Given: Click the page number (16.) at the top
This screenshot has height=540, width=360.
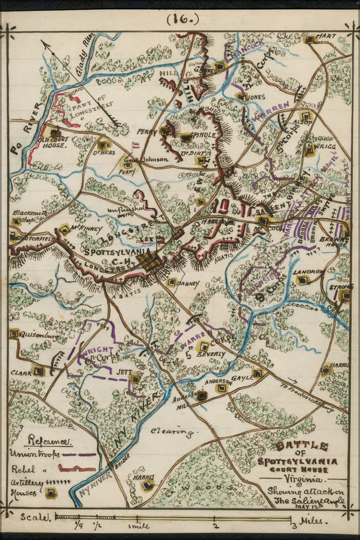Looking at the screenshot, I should point(182,19).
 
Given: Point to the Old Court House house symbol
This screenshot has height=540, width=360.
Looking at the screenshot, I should point(55,133).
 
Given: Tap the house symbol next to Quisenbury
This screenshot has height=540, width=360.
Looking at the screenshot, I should point(13,334).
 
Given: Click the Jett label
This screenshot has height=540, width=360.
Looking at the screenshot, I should point(124,372).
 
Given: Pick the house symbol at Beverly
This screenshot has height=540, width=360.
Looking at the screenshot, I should point(203,346).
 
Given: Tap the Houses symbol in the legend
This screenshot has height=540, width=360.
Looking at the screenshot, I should point(51,492).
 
